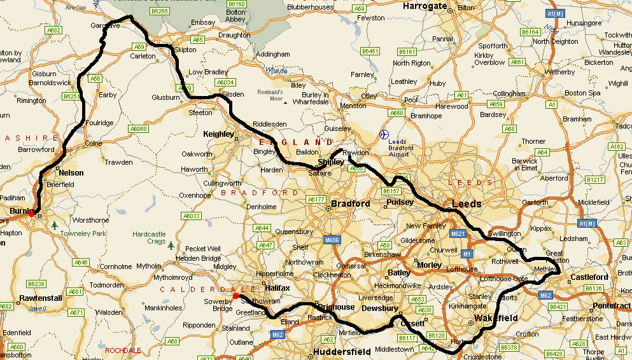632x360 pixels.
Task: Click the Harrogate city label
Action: [425, 6]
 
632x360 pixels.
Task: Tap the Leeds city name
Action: [467, 204]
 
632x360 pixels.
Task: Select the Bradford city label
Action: [350, 204]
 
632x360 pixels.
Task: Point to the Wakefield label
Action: [496, 318]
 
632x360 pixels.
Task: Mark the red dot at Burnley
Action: [31, 214]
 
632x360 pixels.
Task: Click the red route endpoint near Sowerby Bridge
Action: [235, 296]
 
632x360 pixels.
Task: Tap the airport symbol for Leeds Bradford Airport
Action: [384, 134]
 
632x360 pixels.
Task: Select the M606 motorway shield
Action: [331, 240]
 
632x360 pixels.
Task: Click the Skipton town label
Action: [185, 50]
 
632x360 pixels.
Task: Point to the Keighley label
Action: [218, 134]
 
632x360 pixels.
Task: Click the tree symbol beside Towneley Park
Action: [56, 225]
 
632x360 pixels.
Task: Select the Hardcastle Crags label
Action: [148, 238]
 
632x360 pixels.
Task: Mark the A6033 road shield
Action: [192, 216]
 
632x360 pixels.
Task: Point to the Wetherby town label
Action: [559, 72]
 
